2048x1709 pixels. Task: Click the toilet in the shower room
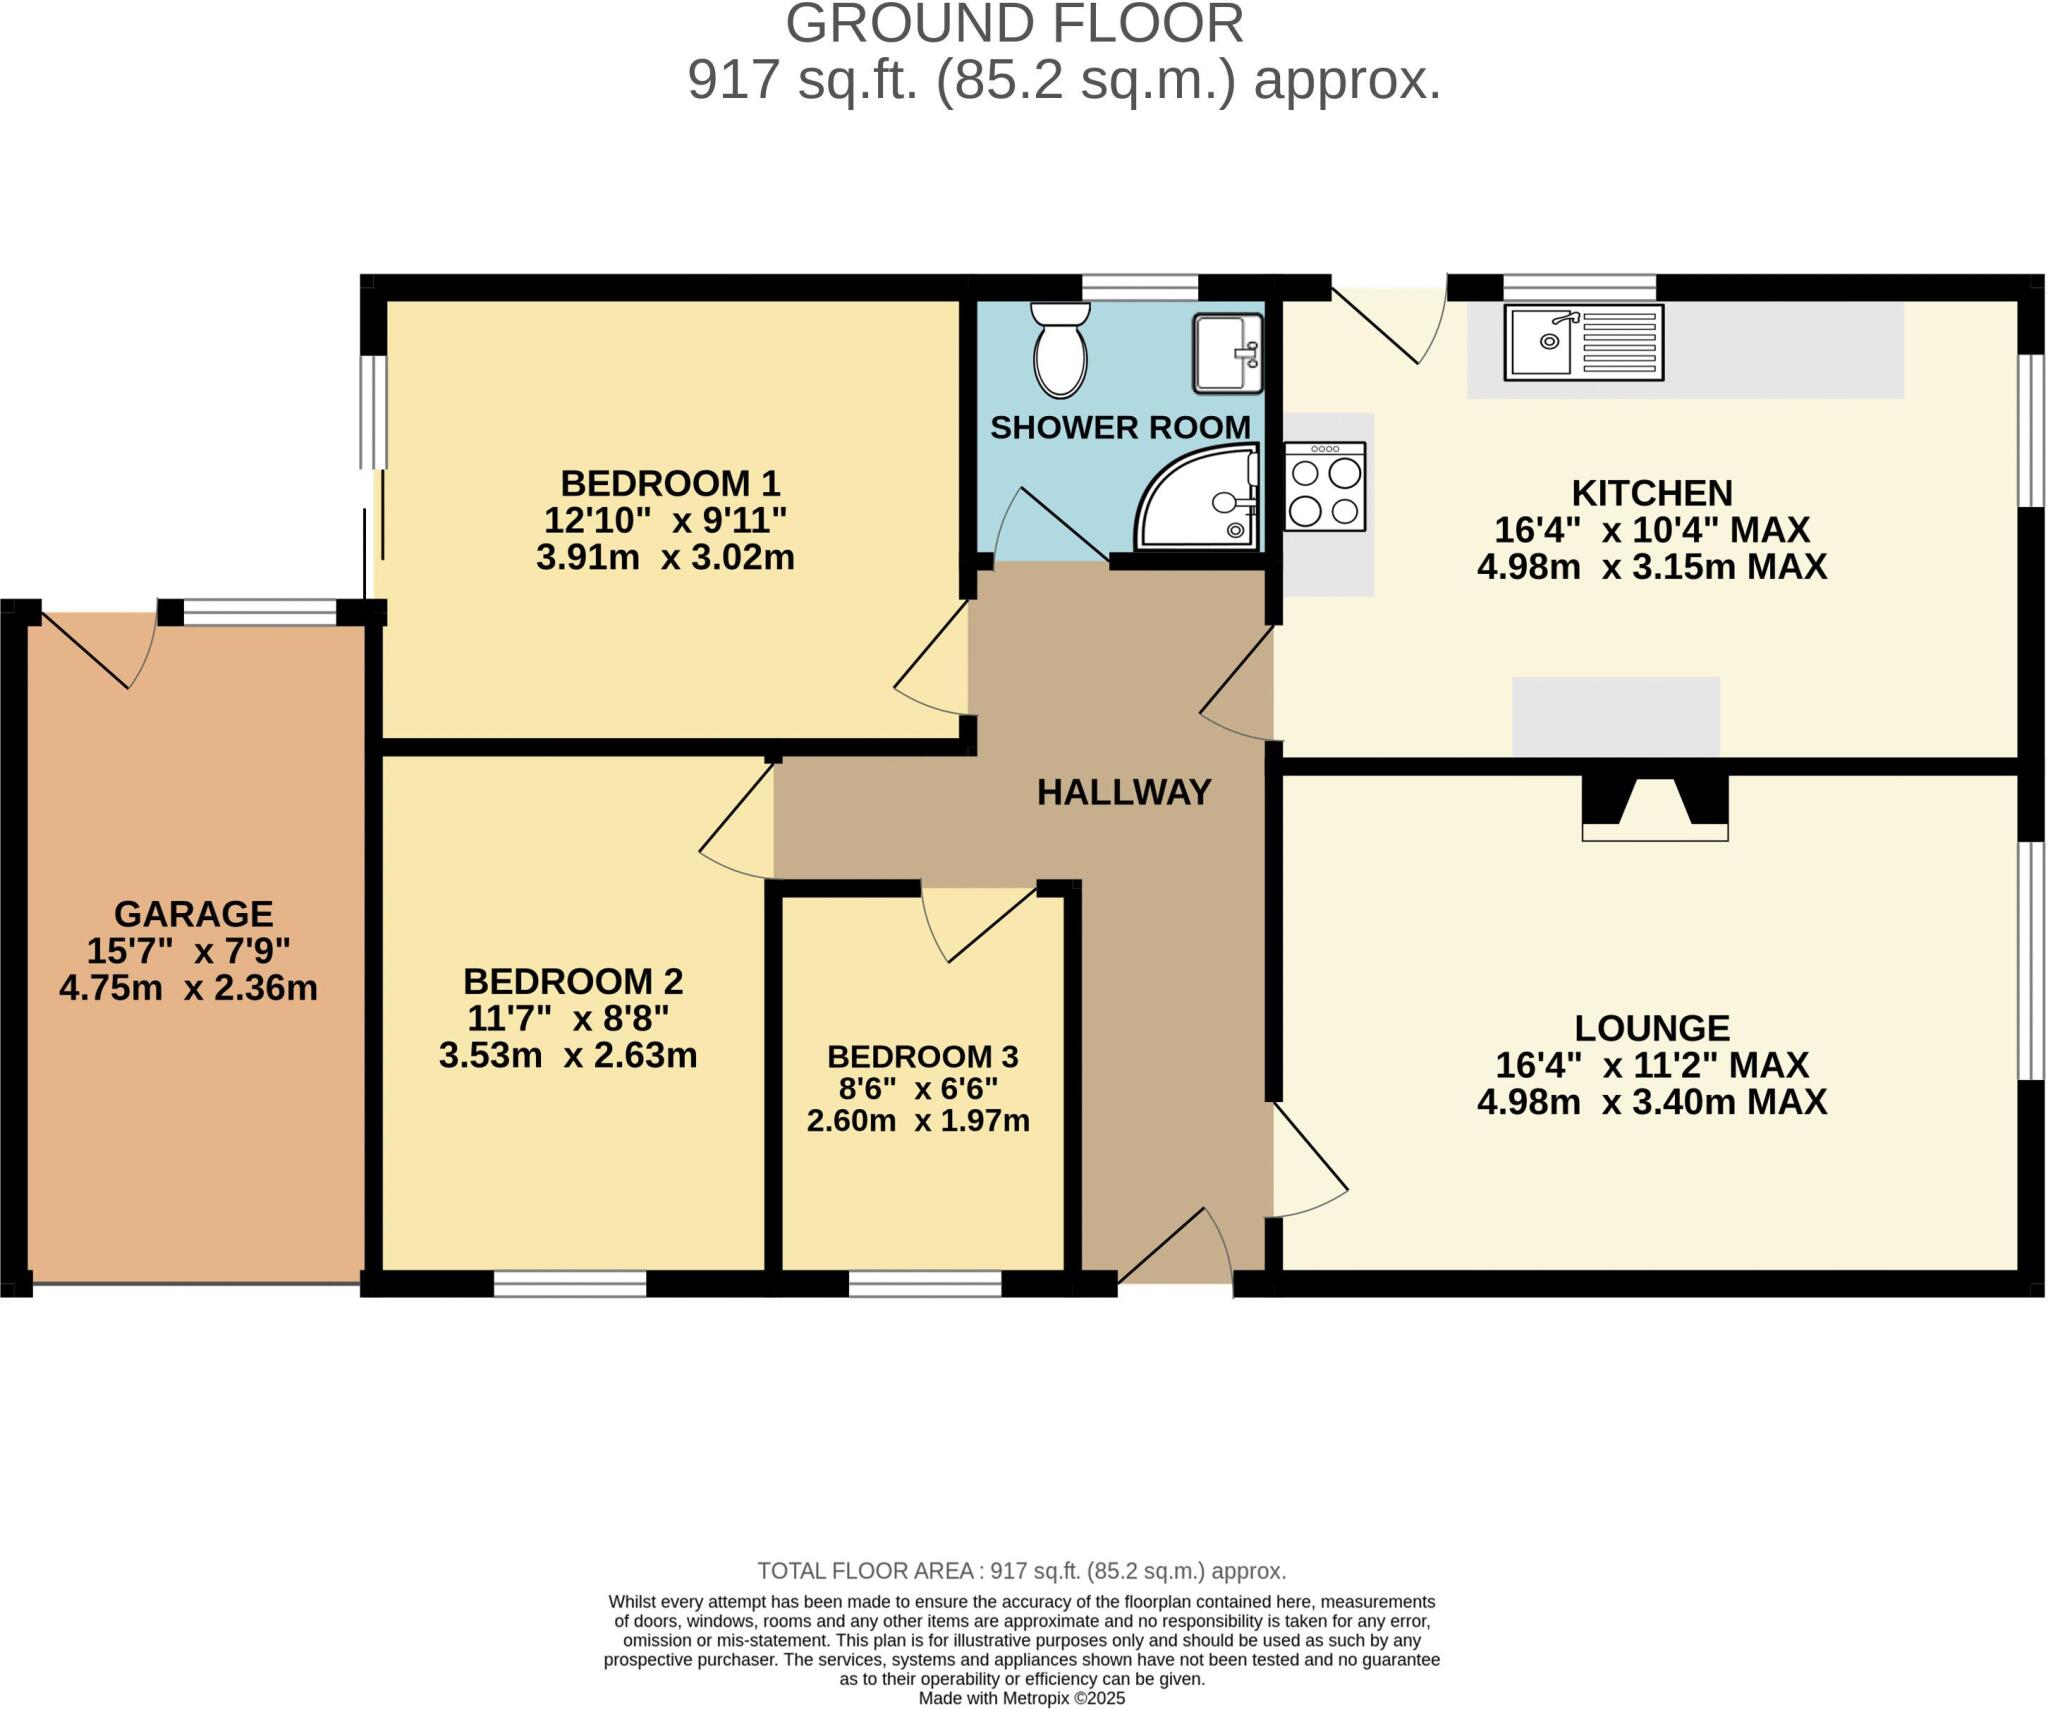1060,351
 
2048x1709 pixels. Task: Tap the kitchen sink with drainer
1583,342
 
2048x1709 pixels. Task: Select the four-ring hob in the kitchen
1325,487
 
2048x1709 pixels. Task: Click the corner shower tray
1199,499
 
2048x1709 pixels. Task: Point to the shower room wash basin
1227,353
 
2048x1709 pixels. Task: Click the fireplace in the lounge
1654,808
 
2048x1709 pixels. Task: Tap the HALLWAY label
1123,792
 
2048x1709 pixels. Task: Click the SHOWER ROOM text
1120,427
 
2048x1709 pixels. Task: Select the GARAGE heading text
193,913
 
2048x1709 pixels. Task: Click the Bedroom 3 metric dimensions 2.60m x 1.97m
918,1121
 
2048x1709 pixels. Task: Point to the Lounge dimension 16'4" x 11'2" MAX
1652,1064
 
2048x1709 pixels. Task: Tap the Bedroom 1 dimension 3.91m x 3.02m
665,557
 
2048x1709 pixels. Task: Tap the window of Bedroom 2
570,1283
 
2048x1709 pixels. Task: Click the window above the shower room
1140,287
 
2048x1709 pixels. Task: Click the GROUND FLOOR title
1014,24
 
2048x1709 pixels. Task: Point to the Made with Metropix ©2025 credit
1021,1698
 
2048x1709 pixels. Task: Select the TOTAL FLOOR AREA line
1021,1570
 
